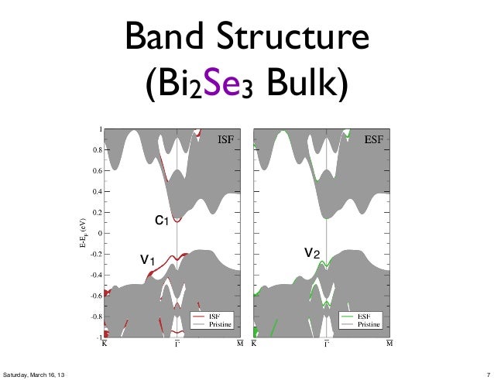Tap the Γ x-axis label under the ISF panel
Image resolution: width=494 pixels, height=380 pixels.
pos(177,345)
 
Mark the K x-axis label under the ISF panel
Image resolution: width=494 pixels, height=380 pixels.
pos(105,345)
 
